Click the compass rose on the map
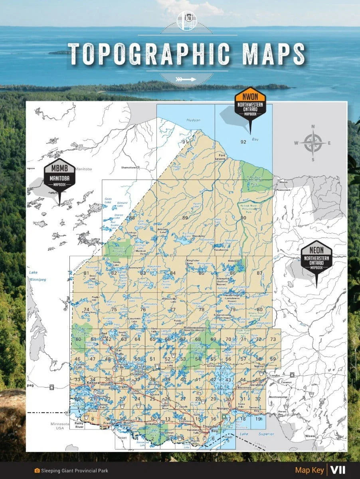coord(313,143)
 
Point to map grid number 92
coord(243,142)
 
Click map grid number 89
coord(185,218)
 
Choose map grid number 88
coord(132,218)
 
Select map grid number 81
coord(86,273)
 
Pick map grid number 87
coord(260,273)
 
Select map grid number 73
coord(273,339)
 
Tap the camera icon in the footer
coord(38,471)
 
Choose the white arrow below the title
coord(187,79)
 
